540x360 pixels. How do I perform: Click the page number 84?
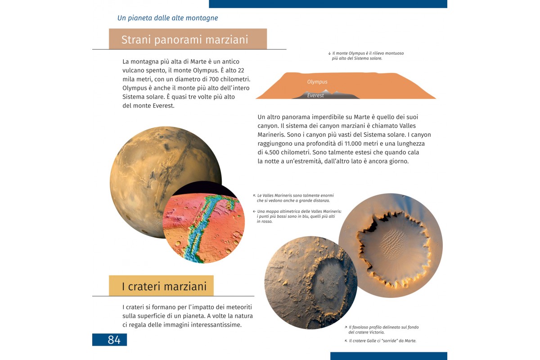[x=114, y=340]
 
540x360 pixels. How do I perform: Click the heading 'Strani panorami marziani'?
[x=184, y=40]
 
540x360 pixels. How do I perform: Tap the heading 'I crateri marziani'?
[x=164, y=286]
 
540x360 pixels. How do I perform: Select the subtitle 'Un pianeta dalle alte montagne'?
[x=167, y=18]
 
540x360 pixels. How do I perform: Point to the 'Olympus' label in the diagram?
[x=317, y=82]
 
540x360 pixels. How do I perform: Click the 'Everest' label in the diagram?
[x=315, y=95]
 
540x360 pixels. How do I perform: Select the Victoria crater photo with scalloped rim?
[x=391, y=245]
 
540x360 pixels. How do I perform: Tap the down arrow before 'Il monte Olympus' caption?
[x=329, y=54]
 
